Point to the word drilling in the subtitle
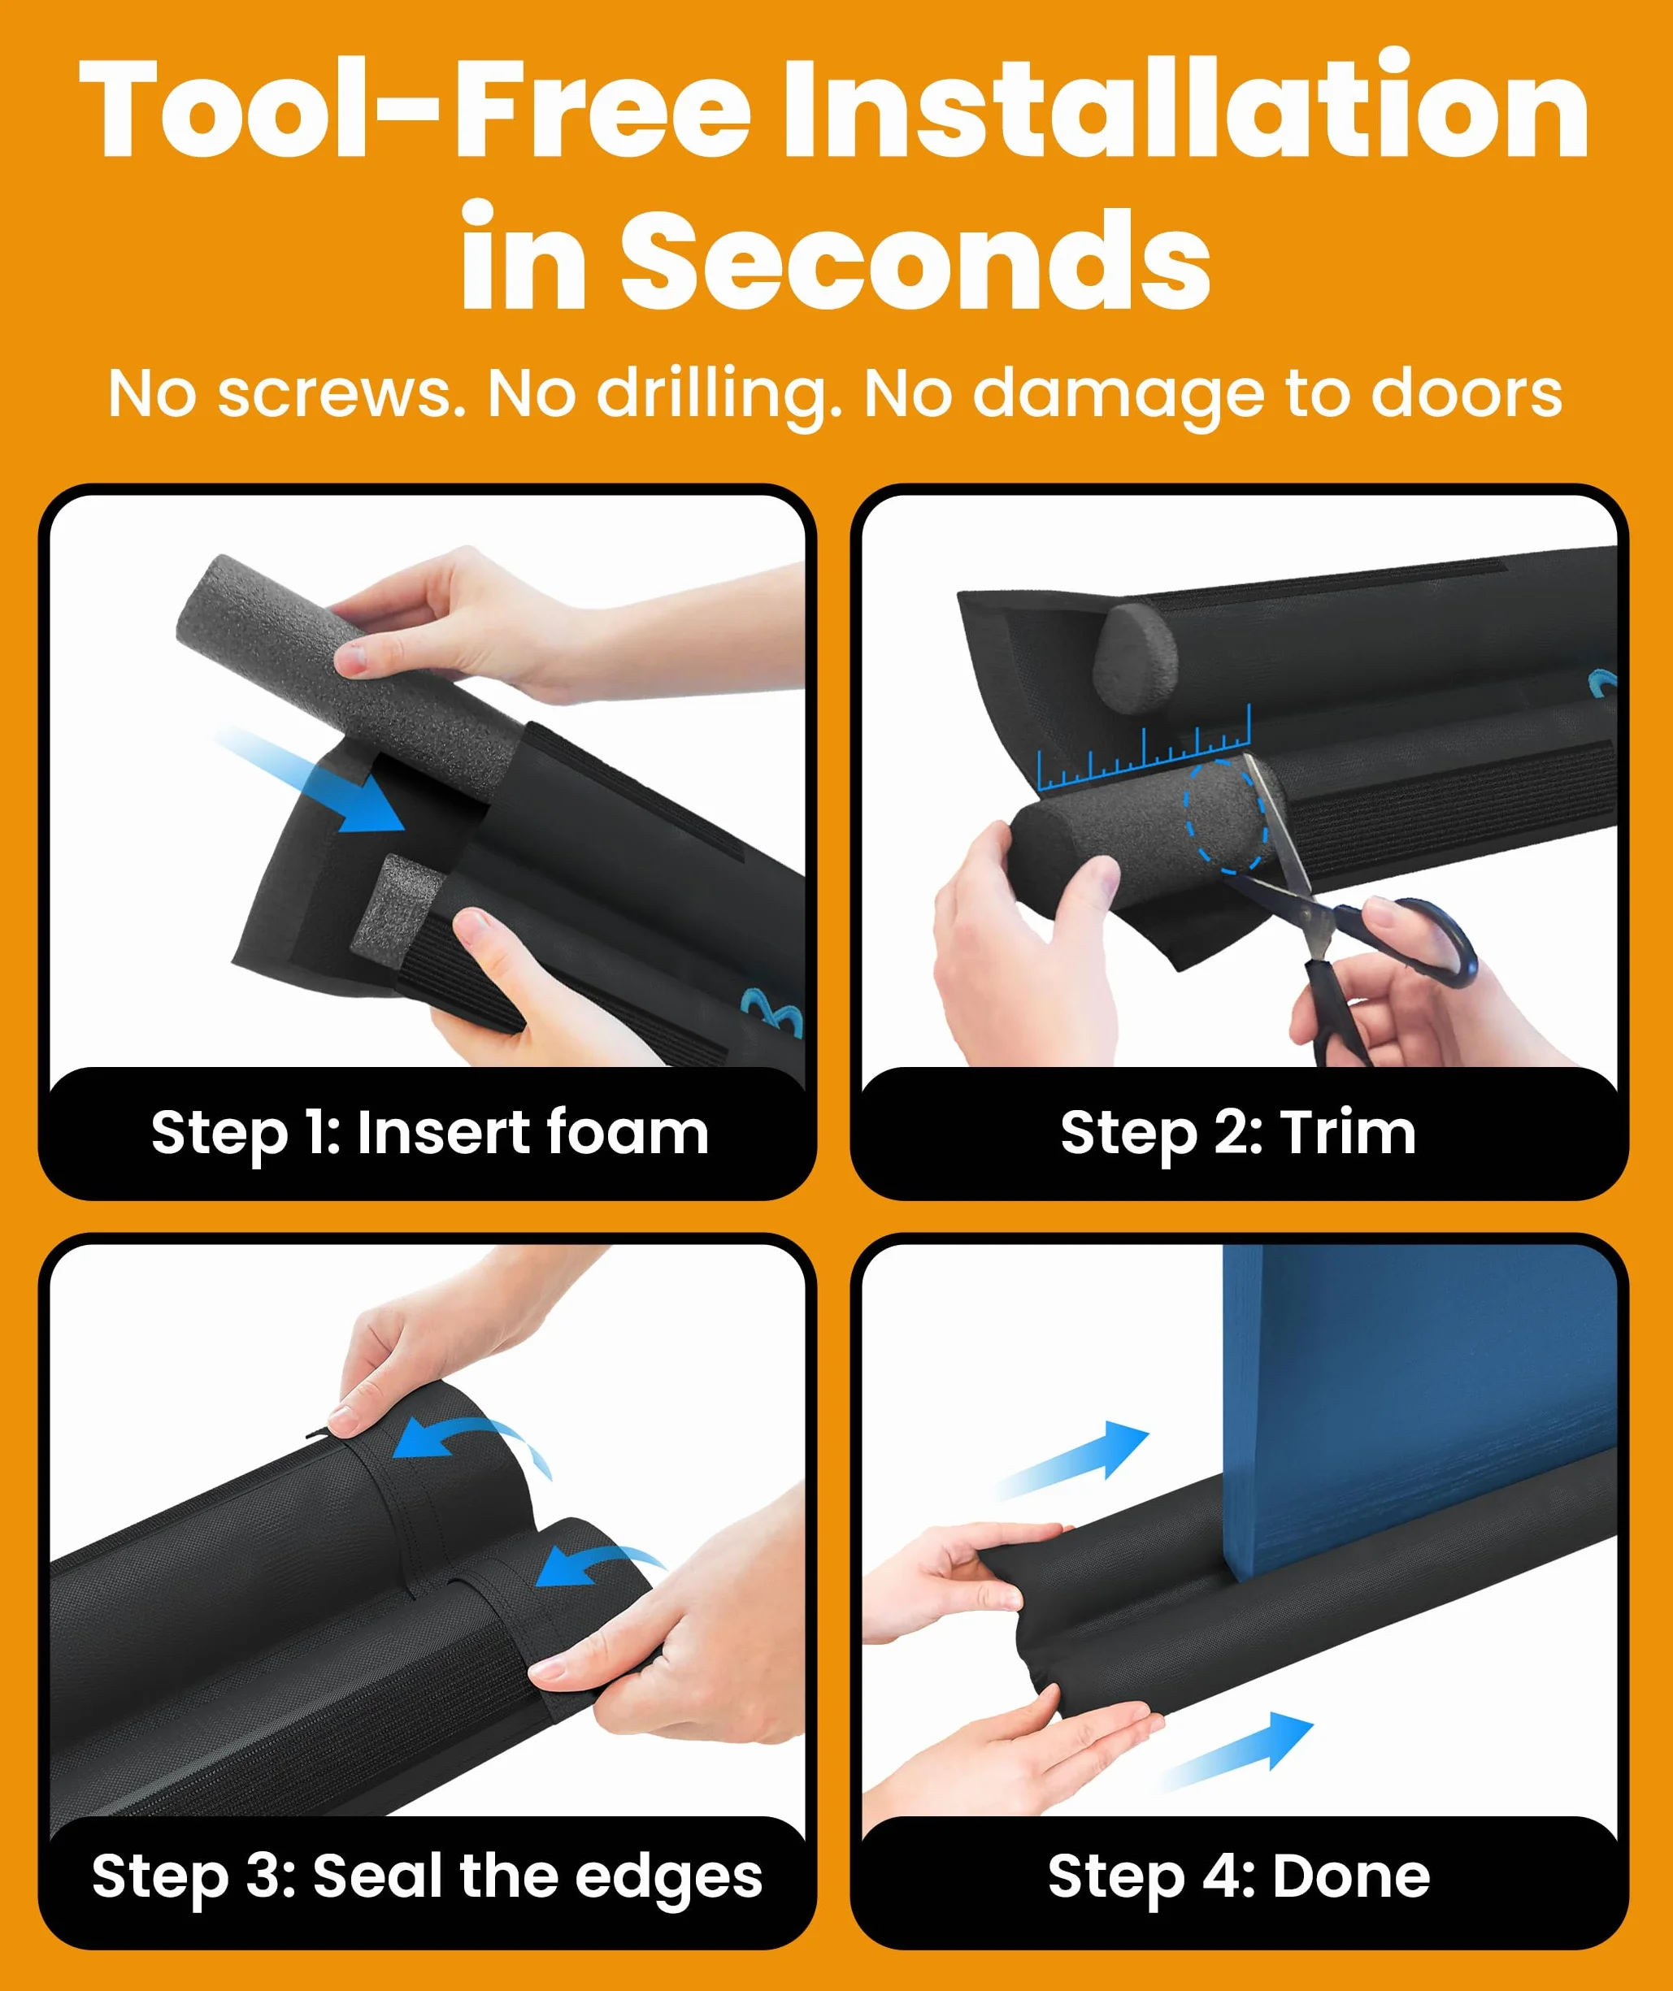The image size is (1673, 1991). [719, 394]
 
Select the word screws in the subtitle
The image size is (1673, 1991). [341, 394]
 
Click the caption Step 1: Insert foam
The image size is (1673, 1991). [429, 1134]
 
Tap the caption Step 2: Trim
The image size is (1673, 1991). [1237, 1134]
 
